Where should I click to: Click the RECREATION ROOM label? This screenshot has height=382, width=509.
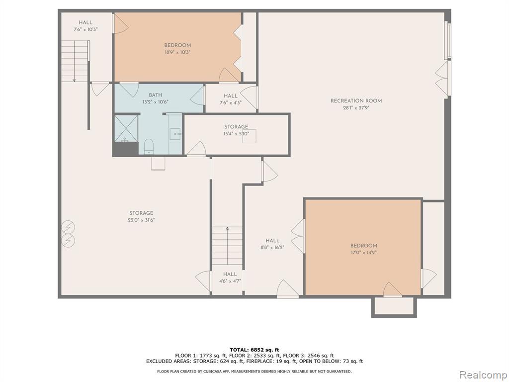356,100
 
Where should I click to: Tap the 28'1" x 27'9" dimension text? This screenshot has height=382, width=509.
356,108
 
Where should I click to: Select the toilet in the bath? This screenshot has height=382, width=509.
149,146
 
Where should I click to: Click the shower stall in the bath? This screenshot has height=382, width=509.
126,128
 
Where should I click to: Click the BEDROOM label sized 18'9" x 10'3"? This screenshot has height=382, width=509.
177,45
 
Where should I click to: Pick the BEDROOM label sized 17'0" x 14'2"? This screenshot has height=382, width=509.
363,246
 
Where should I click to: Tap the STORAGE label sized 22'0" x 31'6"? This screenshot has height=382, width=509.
141,213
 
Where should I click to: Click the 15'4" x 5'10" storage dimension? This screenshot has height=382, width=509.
236,133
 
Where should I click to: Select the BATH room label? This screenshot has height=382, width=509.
155,95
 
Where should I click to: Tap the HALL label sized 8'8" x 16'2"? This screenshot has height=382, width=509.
272,240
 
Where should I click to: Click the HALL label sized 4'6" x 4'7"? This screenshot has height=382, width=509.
230,274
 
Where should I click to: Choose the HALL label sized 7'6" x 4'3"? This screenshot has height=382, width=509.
231,95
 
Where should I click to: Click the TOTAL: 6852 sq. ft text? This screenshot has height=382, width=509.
254,350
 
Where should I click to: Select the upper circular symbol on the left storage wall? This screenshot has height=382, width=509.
69,226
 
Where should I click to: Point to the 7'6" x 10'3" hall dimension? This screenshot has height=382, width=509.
85,29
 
